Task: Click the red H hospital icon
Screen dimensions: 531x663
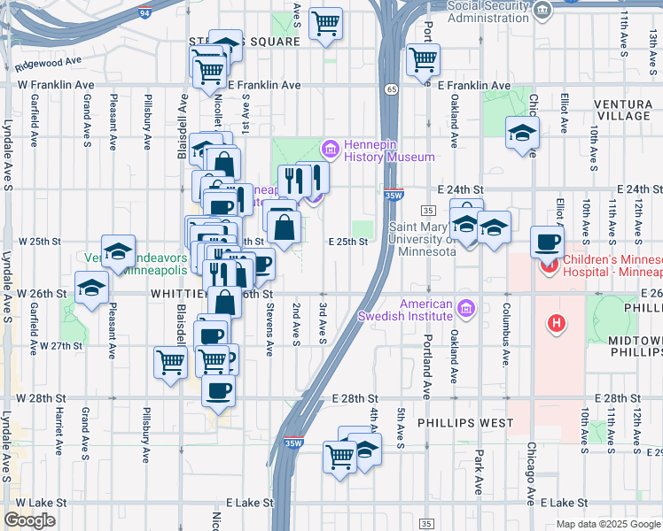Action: [557, 325]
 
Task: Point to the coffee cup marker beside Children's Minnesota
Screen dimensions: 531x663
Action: [548, 243]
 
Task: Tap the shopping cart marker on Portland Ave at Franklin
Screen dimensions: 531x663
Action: [423, 60]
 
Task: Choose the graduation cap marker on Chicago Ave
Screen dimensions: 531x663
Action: [523, 135]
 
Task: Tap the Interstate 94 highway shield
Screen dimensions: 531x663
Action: [144, 14]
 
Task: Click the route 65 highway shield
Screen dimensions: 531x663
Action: [391, 88]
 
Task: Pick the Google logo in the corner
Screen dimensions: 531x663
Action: [29, 520]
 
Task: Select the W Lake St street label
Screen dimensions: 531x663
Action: [38, 502]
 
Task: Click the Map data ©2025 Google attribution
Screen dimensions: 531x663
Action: [609, 524]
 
